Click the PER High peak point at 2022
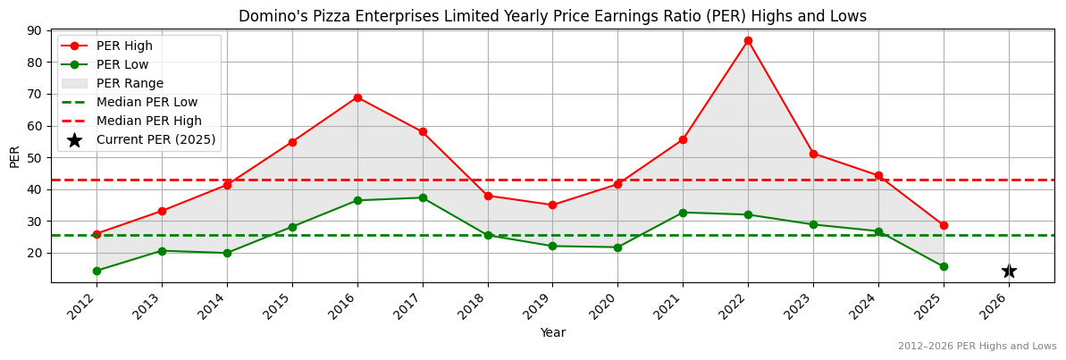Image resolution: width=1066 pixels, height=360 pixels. coord(748,40)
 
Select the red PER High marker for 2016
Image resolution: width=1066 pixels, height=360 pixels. coord(357,97)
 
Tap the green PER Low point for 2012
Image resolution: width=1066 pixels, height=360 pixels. coord(97,271)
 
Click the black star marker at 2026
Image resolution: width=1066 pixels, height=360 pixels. coord(1009,271)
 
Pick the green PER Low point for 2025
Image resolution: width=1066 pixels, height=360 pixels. coord(944,266)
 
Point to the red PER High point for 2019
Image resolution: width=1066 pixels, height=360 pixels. coord(552,205)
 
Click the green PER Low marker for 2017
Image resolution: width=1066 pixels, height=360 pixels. coord(423,197)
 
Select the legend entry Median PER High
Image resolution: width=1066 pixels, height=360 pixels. coord(148,121)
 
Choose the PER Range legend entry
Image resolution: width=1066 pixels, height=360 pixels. coord(130,83)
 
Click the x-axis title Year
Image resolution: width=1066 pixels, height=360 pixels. coord(552,333)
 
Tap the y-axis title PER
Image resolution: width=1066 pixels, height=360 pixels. coord(14,156)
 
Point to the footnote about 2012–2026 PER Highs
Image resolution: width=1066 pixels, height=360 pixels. coord(977,347)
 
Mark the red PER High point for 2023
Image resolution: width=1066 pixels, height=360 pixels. coord(813,154)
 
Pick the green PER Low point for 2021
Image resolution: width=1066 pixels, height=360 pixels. coord(683,213)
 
